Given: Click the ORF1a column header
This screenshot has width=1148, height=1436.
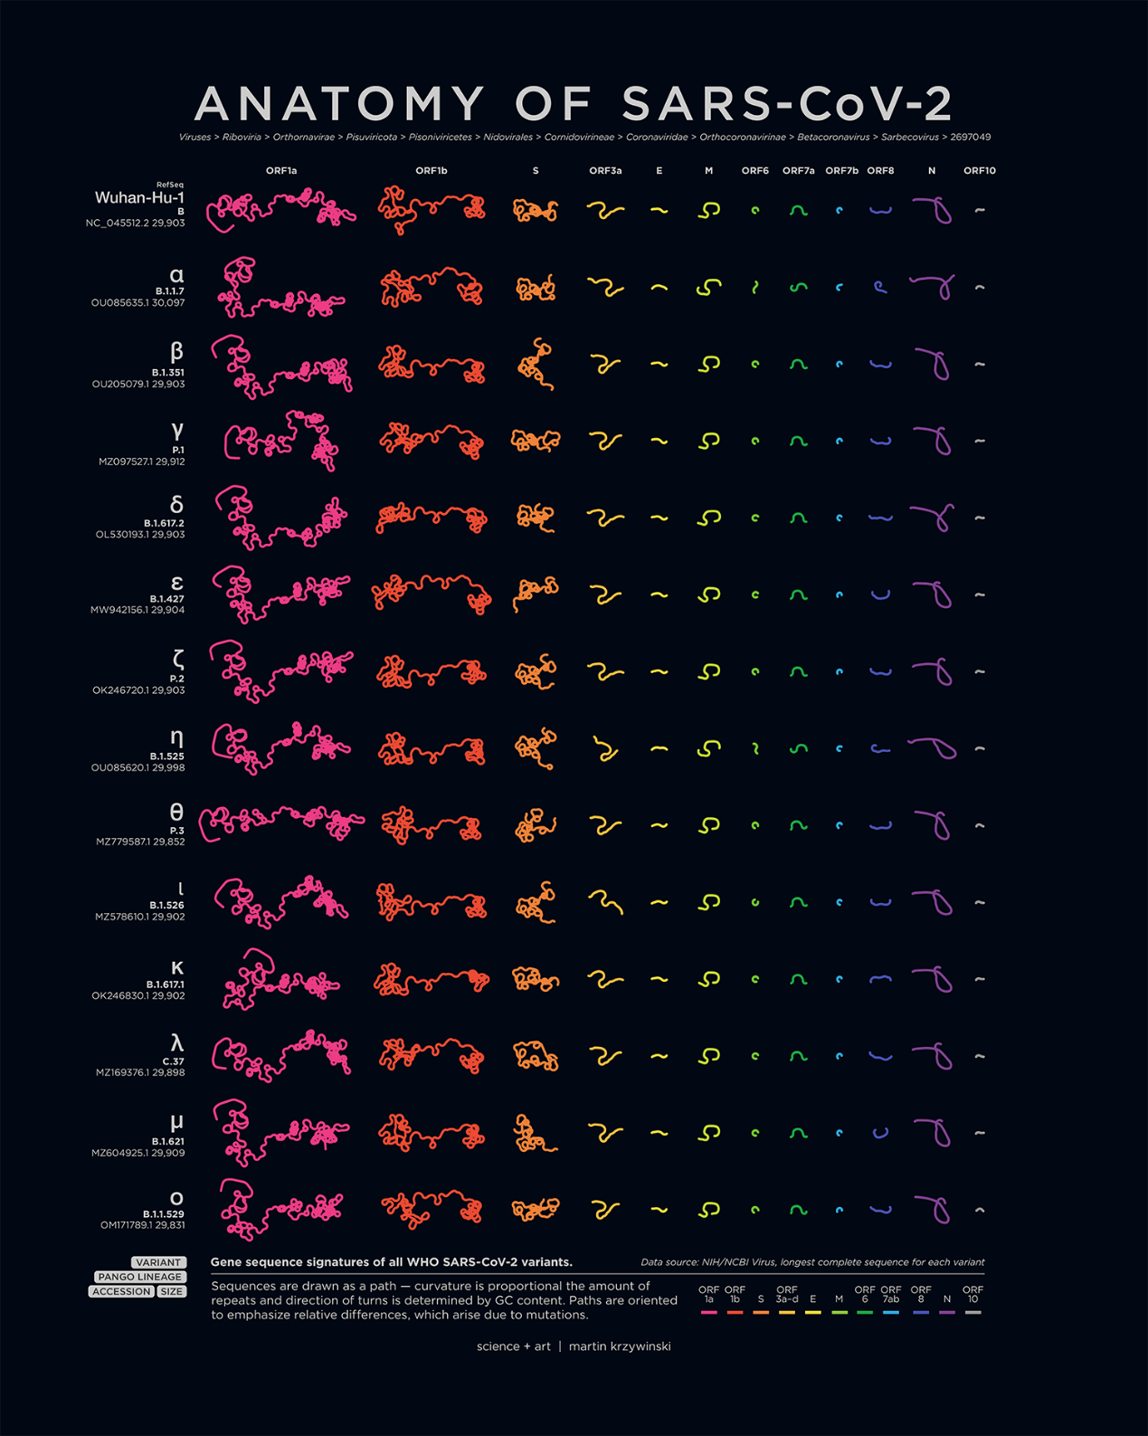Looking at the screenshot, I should pyautogui.click(x=281, y=170).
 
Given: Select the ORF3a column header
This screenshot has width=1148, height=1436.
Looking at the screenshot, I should pyautogui.click(x=605, y=170).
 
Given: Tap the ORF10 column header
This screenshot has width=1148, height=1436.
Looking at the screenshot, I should pyautogui.click(x=979, y=170).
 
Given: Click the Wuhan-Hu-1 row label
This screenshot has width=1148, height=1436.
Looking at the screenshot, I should pyautogui.click(x=139, y=197).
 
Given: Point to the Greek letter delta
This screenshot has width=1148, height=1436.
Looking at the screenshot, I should pyautogui.click(x=176, y=505).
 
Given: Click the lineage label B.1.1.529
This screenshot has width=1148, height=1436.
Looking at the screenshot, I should pyautogui.click(x=163, y=1214).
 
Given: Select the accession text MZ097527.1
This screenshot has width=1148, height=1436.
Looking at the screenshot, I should pyautogui.click(x=125, y=461).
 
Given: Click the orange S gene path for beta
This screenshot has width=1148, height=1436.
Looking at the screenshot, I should pyautogui.click(x=536, y=364).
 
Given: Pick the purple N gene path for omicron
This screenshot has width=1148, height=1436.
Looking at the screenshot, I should pyautogui.click(x=935, y=1209).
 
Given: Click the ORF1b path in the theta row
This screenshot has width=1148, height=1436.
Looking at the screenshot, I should pyautogui.click(x=432, y=826).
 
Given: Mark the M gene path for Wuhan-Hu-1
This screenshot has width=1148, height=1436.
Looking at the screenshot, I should pyautogui.click(x=709, y=211).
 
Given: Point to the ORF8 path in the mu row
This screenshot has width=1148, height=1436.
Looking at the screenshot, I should pyautogui.click(x=879, y=1132).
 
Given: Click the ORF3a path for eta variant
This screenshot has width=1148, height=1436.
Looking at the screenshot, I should pyautogui.click(x=604, y=749).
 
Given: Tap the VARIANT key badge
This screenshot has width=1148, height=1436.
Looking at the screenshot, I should pyautogui.click(x=158, y=1262).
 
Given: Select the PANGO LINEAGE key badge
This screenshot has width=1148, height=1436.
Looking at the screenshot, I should pyautogui.click(x=140, y=1277).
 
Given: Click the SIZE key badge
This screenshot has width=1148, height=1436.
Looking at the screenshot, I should pyautogui.click(x=171, y=1291).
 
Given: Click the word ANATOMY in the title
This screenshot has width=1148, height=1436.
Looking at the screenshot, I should pyautogui.click(x=339, y=103).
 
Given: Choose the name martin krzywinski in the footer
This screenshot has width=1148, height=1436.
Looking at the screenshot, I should pyautogui.click(x=620, y=1346).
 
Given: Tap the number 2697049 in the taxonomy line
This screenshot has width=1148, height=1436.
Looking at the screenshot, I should pyautogui.click(x=970, y=138).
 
